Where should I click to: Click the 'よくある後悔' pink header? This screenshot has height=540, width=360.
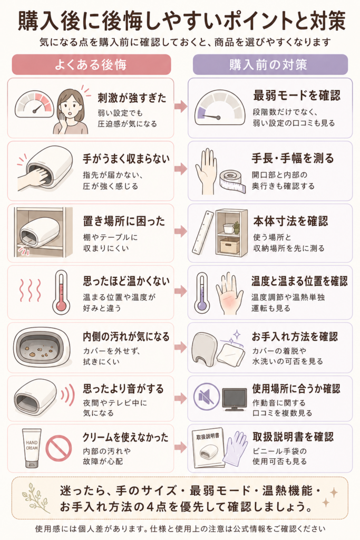(x=91, y=64)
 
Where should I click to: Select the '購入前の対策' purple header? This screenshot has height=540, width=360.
(x=270, y=64)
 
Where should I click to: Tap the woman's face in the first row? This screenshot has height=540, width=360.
(x=71, y=105)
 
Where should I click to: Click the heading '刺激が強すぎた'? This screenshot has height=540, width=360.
(x=132, y=98)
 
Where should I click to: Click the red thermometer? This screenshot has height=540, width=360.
(x=62, y=292)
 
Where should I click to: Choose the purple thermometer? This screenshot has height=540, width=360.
(x=202, y=292)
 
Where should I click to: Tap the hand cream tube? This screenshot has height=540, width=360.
(x=32, y=448)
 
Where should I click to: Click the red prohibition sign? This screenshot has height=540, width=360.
(x=59, y=448)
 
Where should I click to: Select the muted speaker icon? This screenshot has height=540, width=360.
(x=206, y=397)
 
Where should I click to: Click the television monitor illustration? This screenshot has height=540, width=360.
(x=235, y=399)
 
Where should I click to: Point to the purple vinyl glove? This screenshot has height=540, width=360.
(x=236, y=448)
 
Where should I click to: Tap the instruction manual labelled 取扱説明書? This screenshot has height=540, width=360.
(x=208, y=449)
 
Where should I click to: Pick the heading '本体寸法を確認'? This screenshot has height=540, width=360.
(x=290, y=221)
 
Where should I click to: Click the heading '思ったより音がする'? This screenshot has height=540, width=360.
(x=123, y=389)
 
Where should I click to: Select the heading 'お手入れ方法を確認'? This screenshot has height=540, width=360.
(x=295, y=336)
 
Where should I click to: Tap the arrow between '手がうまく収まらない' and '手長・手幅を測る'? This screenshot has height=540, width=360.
(x=181, y=169)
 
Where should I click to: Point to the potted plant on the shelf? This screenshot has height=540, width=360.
(x=236, y=227)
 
